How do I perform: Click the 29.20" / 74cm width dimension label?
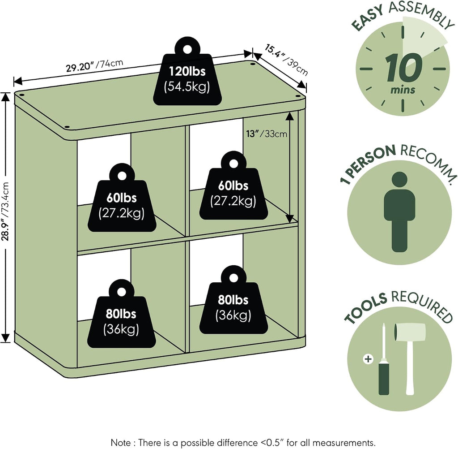tap(94, 65)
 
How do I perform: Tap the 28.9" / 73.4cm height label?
tap(5, 211)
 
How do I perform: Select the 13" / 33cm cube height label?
tap(267, 134)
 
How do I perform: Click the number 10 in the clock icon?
tap(403, 68)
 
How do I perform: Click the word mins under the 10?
tap(403, 90)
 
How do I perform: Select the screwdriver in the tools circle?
tap(384, 359)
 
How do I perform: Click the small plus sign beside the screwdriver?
tap(368, 359)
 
